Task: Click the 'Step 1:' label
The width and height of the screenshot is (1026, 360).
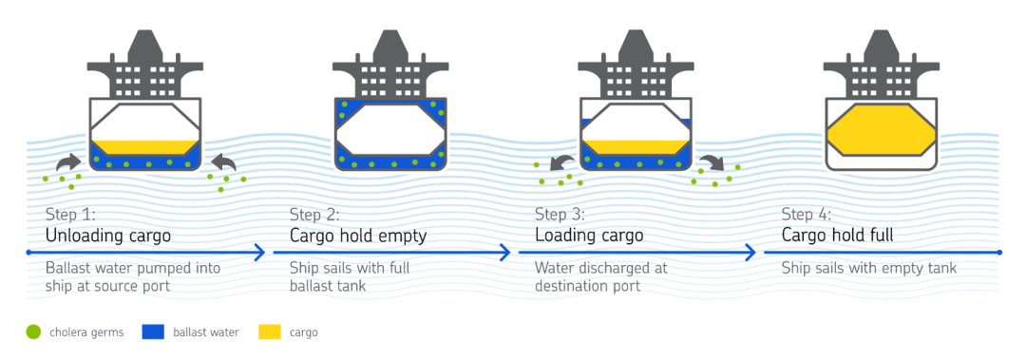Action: [70, 214]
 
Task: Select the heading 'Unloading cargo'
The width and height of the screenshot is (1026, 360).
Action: [108, 236]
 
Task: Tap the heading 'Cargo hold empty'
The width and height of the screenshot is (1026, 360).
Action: [358, 236]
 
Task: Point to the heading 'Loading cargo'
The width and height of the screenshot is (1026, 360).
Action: [589, 236]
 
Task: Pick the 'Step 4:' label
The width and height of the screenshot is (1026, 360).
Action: [807, 214]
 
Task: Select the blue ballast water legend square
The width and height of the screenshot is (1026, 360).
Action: [152, 332]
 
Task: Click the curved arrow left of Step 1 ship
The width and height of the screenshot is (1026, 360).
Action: [68, 161]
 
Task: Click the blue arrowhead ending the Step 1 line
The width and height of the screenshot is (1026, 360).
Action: [259, 252]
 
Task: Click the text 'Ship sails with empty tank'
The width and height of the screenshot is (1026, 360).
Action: [869, 268]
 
